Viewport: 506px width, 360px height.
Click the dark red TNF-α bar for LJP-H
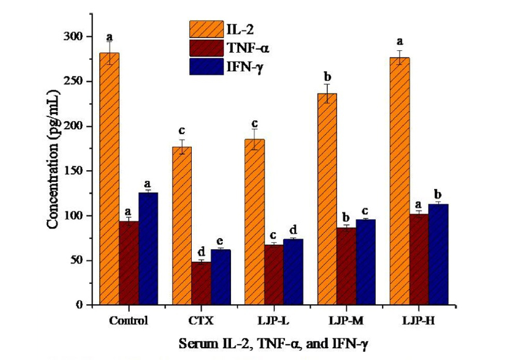[x=419, y=259]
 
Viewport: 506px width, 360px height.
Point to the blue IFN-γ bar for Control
[x=148, y=249]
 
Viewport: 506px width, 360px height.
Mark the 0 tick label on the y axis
[x=81, y=305]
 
